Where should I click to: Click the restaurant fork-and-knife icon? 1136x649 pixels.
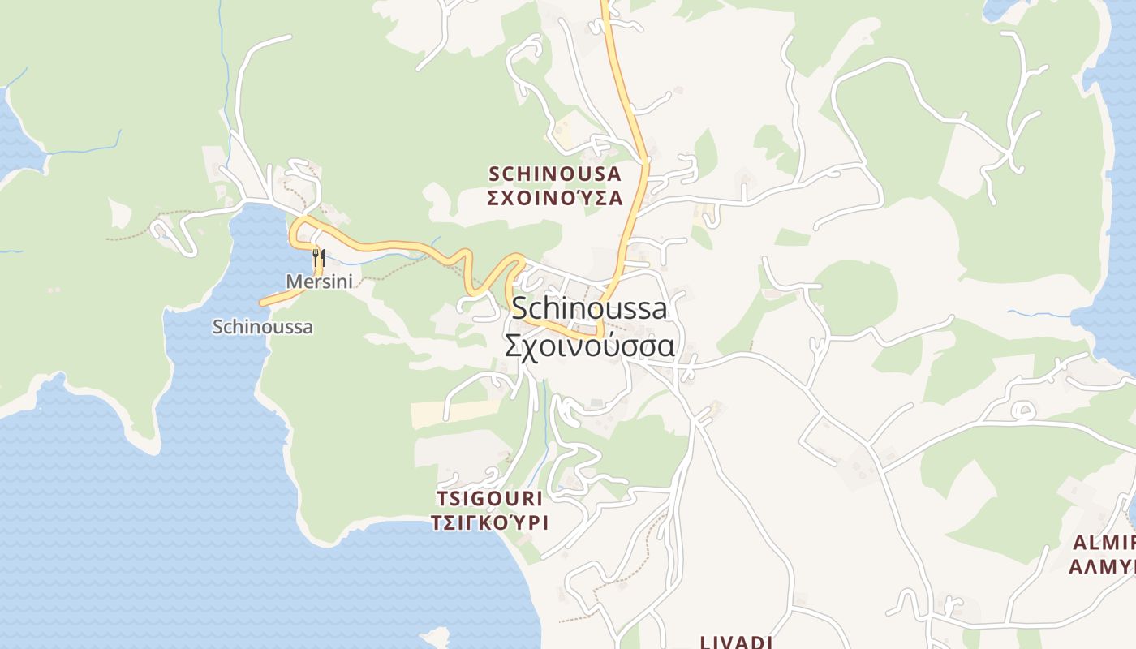click(318, 259)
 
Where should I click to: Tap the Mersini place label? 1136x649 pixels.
click(319, 282)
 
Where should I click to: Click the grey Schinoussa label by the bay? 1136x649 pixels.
click(262, 327)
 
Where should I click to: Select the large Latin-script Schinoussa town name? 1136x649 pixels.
click(589, 308)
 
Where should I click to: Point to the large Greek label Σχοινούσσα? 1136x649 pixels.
click(589, 346)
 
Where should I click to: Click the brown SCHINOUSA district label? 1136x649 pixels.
click(555, 174)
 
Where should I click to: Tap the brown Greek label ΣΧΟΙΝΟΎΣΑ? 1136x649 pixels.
click(555, 198)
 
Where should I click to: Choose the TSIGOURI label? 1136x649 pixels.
click(489, 498)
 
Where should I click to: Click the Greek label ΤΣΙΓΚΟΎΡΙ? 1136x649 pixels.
click(489, 522)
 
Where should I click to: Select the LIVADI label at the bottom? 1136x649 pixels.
click(735, 643)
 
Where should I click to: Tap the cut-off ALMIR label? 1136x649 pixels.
click(1104, 542)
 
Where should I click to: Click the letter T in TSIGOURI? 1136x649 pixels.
click(441, 498)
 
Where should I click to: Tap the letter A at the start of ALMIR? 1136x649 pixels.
click(1078, 542)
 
